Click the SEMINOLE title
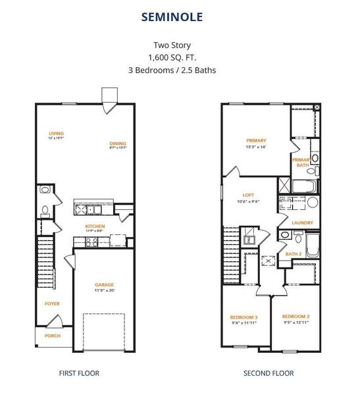(x=180, y=16)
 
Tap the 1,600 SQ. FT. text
(x=180, y=57)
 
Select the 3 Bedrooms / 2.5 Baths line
(x=180, y=69)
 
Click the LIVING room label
(x=56, y=133)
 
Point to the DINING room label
(x=118, y=144)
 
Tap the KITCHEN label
(x=95, y=226)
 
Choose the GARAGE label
(x=104, y=284)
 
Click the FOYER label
(x=51, y=303)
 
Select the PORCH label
(x=52, y=336)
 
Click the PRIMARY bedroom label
(x=255, y=140)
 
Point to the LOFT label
(x=247, y=196)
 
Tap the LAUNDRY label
(x=302, y=223)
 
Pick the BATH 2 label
(x=293, y=253)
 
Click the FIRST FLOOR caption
(x=79, y=373)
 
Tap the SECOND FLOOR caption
(x=269, y=373)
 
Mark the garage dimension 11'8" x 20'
(x=104, y=290)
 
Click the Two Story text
(x=180, y=45)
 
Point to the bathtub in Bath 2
(x=312, y=244)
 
